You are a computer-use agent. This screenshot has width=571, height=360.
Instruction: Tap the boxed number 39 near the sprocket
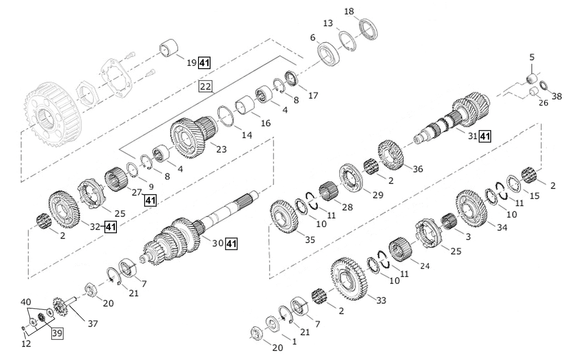click(57, 333)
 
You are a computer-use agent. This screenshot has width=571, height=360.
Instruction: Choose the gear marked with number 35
click(284, 216)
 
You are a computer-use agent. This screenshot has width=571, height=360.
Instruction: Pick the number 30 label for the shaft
click(217, 244)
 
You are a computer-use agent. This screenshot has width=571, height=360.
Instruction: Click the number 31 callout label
click(472, 137)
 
